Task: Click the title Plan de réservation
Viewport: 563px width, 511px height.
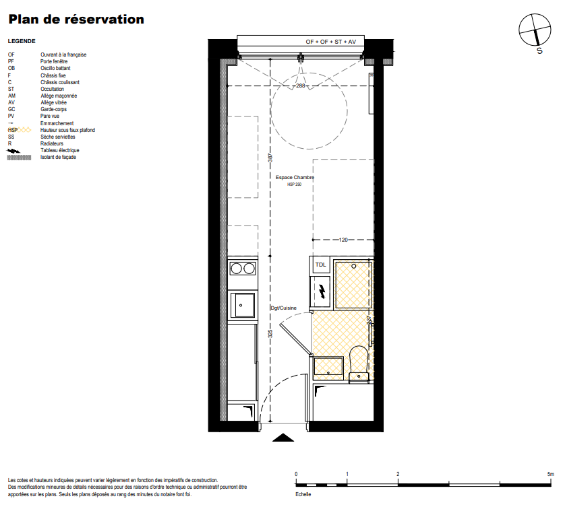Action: (x=76, y=20)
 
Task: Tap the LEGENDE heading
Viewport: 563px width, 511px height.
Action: (x=22, y=41)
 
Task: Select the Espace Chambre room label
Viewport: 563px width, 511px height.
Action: (x=295, y=177)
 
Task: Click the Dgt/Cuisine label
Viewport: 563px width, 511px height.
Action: (x=284, y=308)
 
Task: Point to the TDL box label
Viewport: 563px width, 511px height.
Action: (x=321, y=265)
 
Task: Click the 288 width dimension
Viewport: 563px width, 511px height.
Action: (x=301, y=86)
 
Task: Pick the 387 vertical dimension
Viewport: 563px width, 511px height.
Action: (x=270, y=158)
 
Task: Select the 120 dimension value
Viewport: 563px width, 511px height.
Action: (x=343, y=240)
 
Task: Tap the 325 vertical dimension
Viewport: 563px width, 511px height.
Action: (x=270, y=333)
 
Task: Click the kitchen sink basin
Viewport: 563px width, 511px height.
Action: (x=242, y=305)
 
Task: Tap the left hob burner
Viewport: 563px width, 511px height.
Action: (x=236, y=268)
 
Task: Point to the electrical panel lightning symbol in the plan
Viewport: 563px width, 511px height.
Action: (x=322, y=291)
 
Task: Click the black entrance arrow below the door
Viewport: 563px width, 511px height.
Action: (x=283, y=438)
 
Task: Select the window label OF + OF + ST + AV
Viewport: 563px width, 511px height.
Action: (x=330, y=42)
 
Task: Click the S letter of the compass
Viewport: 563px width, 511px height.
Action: (x=539, y=51)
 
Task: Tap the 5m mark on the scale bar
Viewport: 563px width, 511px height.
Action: (x=550, y=474)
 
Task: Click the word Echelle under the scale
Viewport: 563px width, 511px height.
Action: (x=303, y=494)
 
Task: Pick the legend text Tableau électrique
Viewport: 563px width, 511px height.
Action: (x=59, y=150)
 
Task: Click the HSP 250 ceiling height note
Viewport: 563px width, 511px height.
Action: (x=295, y=184)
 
